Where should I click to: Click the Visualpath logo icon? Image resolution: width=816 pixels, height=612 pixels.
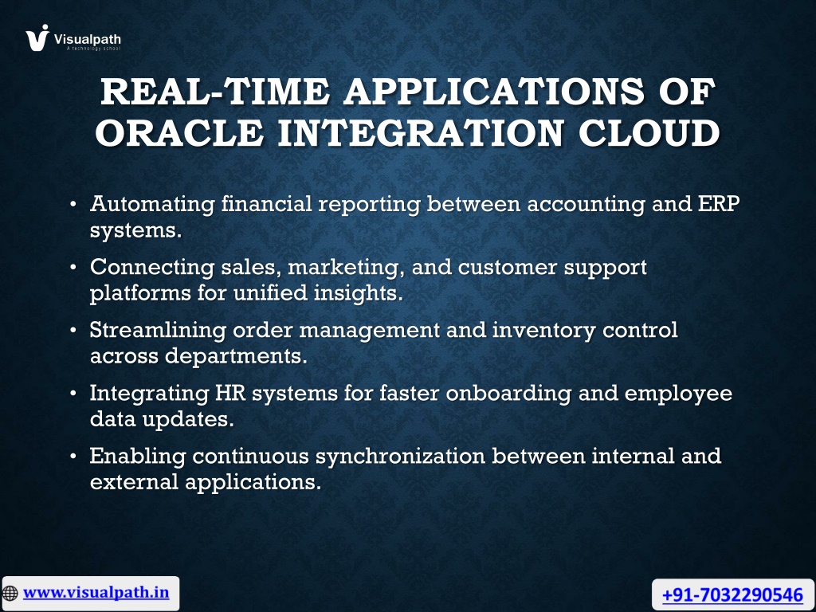point(37,37)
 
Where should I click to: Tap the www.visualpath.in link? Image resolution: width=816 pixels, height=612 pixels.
point(96,592)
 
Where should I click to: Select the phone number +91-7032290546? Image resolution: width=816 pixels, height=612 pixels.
point(732,594)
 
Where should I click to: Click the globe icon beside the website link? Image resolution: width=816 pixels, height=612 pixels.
point(10,593)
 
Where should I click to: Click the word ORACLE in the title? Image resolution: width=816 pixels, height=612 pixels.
point(179,133)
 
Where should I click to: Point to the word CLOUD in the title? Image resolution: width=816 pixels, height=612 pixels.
point(649,133)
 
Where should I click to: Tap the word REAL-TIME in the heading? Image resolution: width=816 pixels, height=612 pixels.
point(215,92)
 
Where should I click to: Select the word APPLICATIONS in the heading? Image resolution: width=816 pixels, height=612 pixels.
point(494,92)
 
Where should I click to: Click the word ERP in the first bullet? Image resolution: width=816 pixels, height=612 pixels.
point(719,203)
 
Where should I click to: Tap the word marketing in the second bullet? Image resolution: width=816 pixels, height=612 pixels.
point(347,268)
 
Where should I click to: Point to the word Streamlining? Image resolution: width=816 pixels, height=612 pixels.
point(159,331)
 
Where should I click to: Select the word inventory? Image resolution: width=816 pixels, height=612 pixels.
point(543,331)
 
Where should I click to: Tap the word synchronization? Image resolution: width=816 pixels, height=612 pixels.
point(401,457)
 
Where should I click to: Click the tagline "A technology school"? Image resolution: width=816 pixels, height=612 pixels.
point(93,49)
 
